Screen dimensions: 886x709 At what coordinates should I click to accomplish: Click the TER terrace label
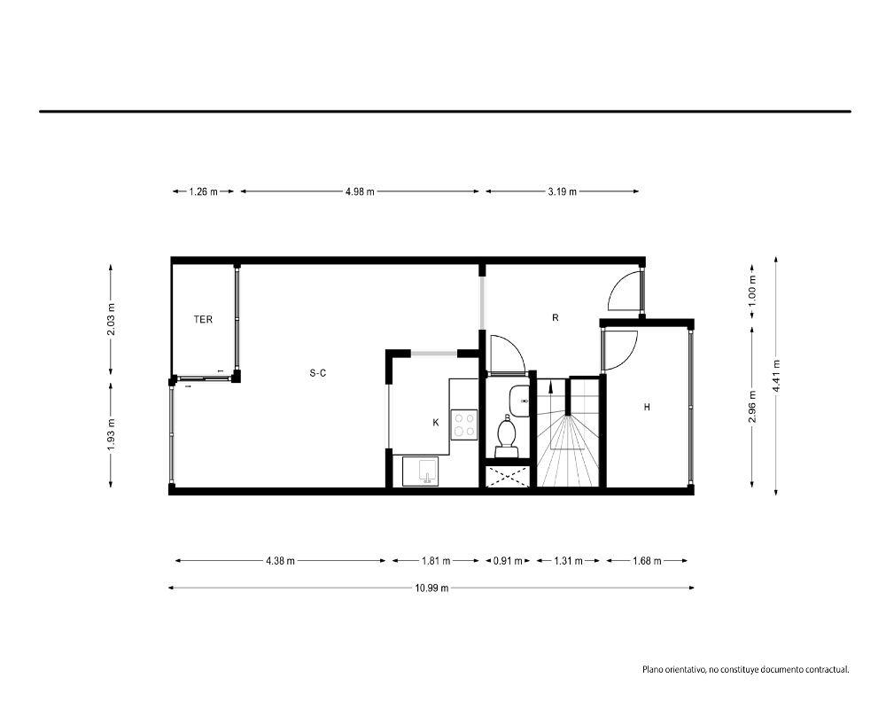tap(203, 319)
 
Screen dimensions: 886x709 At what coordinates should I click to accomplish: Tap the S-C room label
tap(318, 373)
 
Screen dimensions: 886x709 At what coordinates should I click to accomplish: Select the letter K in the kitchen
tap(436, 423)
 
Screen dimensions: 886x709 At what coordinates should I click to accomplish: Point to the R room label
tap(555, 318)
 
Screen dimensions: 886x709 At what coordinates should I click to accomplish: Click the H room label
tap(647, 407)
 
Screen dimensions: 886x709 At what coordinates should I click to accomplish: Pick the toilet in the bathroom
tap(506, 435)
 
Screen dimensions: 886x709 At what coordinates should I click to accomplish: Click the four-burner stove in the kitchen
tap(464, 425)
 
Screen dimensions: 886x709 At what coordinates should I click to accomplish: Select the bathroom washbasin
tap(519, 401)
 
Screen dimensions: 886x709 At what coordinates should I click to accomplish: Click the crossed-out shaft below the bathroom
tap(508, 476)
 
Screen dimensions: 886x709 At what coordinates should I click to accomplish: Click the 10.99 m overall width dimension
tap(431, 588)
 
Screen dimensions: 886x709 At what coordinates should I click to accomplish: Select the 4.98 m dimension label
tap(360, 191)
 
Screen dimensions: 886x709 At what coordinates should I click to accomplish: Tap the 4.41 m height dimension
tap(776, 376)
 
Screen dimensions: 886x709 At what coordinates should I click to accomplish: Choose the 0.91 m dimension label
tap(508, 561)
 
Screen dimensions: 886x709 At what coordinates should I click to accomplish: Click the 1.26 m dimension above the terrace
tap(203, 191)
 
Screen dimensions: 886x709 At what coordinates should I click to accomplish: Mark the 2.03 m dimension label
tap(111, 320)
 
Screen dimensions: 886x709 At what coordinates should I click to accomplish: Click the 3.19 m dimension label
tap(563, 191)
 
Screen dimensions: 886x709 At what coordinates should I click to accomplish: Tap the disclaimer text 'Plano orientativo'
tap(673, 670)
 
